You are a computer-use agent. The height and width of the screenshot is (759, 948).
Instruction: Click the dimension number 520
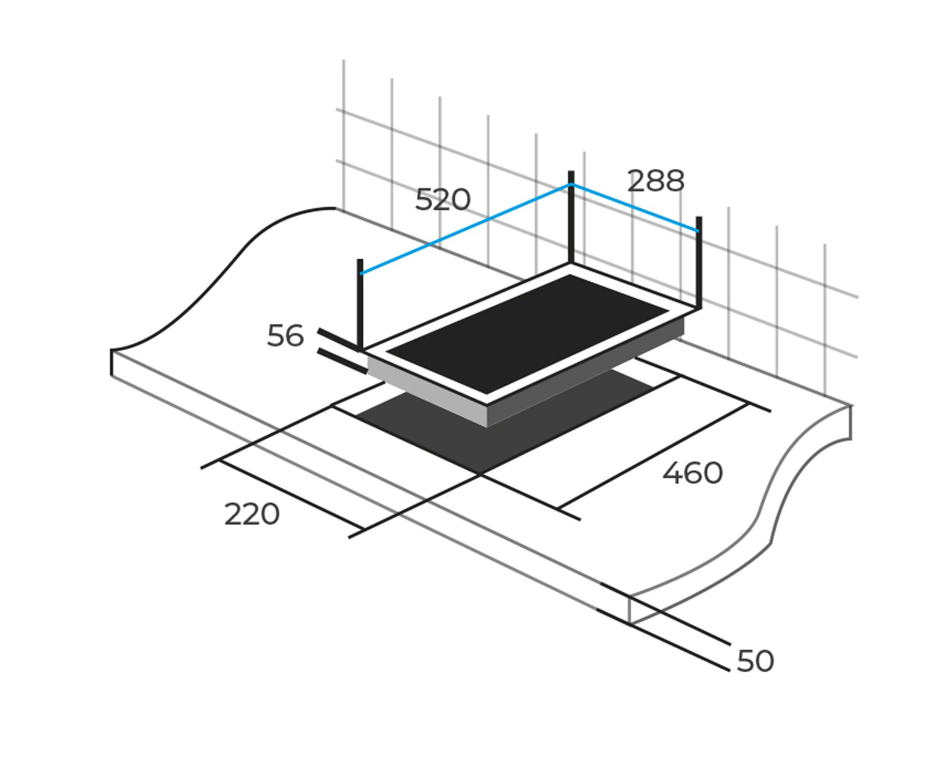(x=443, y=200)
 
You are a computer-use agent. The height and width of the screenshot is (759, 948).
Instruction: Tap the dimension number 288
(x=656, y=181)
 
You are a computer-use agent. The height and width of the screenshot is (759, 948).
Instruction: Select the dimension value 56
(x=285, y=336)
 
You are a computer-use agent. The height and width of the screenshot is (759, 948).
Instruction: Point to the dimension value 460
(x=692, y=473)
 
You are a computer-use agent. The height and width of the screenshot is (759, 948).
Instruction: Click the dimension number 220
(x=252, y=515)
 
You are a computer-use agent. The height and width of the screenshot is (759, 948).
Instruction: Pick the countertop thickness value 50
(x=755, y=661)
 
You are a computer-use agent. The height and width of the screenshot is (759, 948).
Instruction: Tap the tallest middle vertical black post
(x=571, y=218)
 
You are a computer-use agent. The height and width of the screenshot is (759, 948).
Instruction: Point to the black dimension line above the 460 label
(x=654, y=455)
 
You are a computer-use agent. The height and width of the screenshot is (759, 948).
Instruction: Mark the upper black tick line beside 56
(x=339, y=339)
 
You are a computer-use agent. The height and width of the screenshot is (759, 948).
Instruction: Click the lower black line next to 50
(x=664, y=640)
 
